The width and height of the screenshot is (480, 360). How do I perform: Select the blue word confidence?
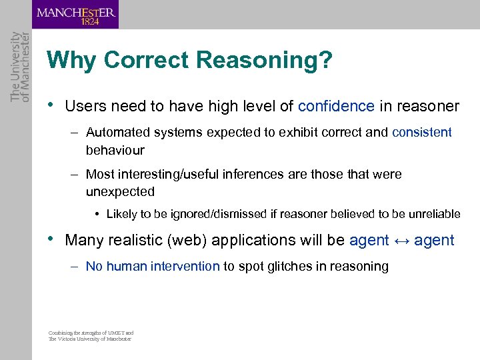[x=336, y=107]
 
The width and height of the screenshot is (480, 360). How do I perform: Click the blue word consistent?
[x=422, y=132]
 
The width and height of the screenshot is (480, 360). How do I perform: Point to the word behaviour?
[x=115, y=150]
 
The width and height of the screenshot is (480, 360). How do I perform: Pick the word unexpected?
[x=120, y=192]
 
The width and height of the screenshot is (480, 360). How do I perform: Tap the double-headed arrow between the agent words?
[x=401, y=240]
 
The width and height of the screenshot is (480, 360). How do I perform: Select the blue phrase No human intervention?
[x=153, y=266]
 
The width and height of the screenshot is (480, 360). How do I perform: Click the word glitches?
[x=284, y=266]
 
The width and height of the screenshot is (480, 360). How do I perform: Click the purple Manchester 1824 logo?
[x=76, y=15]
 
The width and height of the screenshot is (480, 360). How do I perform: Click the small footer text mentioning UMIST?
[x=91, y=336]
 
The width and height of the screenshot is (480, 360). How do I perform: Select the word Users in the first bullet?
[x=83, y=107]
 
